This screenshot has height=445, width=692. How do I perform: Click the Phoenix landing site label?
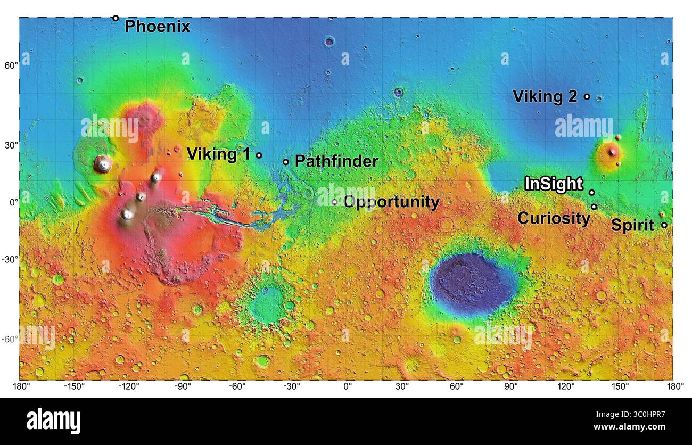tap(157, 27)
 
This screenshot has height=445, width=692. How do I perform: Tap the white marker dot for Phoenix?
tap(116, 18)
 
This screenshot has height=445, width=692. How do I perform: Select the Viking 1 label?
tap(218, 154)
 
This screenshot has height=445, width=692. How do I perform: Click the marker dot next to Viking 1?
tap(259, 155)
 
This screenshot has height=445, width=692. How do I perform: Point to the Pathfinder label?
tap(336, 161)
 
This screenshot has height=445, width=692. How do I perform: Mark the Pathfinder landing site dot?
tap(286, 162)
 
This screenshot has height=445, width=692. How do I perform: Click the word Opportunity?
tap(391, 202)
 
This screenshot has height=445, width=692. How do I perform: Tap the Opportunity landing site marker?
tap(335, 202)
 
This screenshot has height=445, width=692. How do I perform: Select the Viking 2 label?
tap(545, 96)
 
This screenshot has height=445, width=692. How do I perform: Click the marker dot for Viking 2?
tap(587, 97)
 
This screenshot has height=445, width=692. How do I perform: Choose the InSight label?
tap(554, 184)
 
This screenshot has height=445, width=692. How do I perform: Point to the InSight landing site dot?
tap(592, 193)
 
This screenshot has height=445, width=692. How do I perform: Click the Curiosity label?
tap(554, 218)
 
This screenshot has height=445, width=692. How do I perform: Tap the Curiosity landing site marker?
tap(594, 207)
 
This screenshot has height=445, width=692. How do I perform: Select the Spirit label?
tap(632, 225)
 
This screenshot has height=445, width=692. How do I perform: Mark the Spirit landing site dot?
tap(664, 225)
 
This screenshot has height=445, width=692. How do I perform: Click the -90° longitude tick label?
tap(183, 386)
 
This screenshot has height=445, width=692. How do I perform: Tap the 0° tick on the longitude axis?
tap(348, 386)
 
